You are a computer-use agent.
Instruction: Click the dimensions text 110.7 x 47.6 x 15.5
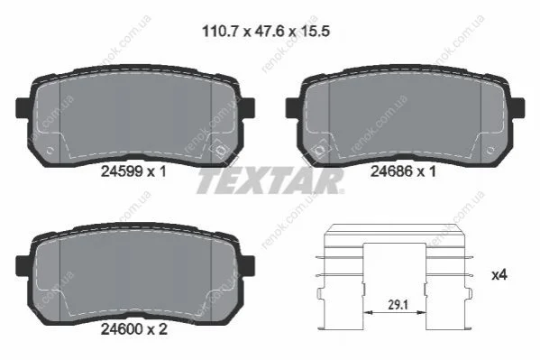[x=266, y=32]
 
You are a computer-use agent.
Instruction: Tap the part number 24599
[x=123, y=171]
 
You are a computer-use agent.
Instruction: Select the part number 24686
[x=391, y=171]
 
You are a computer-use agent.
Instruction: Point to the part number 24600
[x=123, y=329]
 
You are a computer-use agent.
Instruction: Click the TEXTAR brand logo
[x=270, y=180]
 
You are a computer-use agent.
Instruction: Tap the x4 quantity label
[x=499, y=275]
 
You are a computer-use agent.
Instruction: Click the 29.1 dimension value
[x=398, y=304]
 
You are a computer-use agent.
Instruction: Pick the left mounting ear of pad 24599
[x=23, y=107]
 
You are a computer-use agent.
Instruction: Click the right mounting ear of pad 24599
[x=248, y=107]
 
